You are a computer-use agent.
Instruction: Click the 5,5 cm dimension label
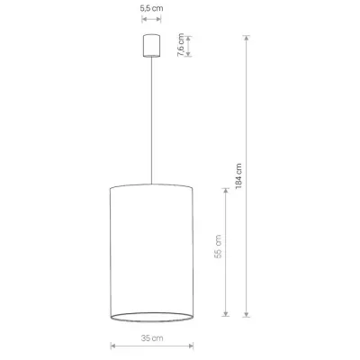[x=151, y=8]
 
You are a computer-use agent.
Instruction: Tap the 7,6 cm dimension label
[x=181, y=45]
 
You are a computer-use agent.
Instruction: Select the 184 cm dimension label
[x=238, y=176]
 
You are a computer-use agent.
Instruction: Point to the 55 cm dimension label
[x=218, y=247]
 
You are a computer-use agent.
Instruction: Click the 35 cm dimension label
[x=152, y=338]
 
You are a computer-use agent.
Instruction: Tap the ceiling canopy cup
[x=151, y=46]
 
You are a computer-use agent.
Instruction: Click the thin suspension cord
[x=151, y=120]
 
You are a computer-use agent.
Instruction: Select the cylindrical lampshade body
[x=151, y=253]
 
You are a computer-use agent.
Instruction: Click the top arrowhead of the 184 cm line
[x=247, y=38]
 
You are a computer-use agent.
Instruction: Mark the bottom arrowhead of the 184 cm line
[x=247, y=314]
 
